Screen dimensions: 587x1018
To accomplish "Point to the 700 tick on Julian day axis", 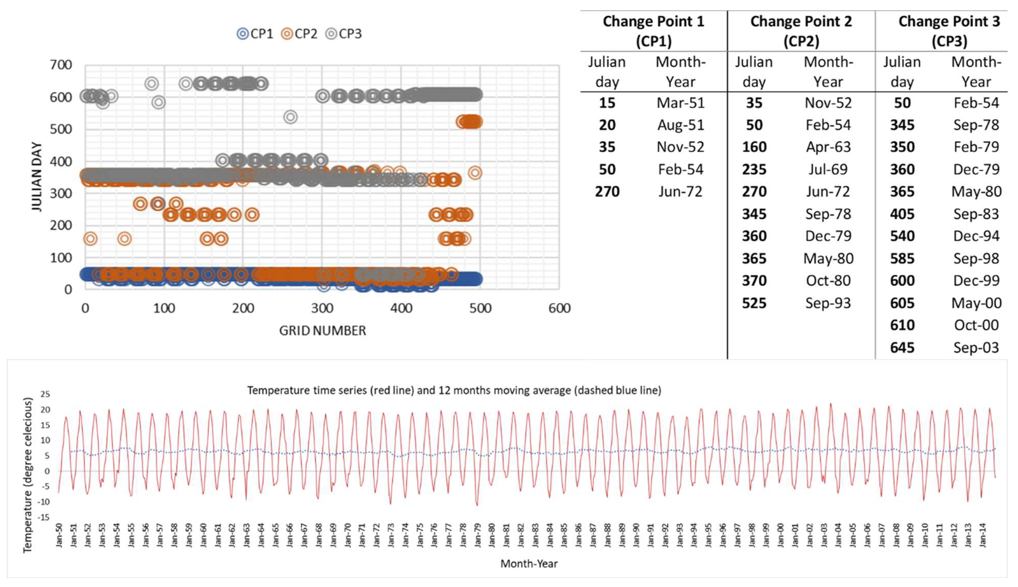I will [x=61, y=65].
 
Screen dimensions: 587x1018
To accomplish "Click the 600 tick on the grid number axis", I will [x=559, y=309].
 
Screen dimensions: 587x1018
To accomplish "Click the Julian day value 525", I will [x=754, y=303].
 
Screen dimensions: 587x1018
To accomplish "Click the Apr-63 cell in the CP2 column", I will [x=828, y=147].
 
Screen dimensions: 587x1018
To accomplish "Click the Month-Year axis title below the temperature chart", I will [x=529, y=564].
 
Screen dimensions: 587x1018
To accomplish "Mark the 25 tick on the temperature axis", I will [x=45, y=394].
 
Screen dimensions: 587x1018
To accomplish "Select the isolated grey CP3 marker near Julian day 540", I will [x=290, y=117].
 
